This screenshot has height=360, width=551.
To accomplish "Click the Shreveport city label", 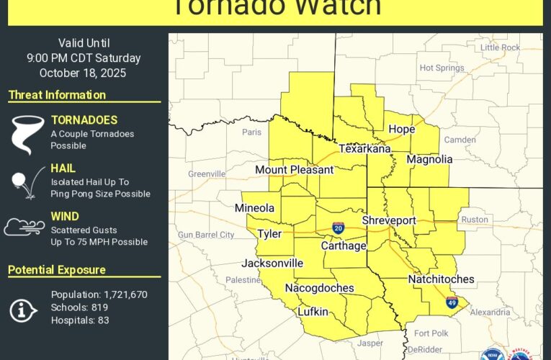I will tap(389, 220).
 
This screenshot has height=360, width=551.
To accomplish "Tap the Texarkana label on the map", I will tap(364, 148).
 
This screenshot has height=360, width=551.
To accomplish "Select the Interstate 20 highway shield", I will tap(338, 228).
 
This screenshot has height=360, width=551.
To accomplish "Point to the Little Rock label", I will tap(500, 48).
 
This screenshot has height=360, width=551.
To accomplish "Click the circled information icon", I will tap(24, 310).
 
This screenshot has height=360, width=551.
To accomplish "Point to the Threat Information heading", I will tap(57, 95).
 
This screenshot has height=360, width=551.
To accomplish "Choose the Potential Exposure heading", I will tap(57, 270).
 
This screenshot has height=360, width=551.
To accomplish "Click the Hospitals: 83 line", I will tap(80, 320).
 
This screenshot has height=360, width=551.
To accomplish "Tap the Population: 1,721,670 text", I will tap(99, 294).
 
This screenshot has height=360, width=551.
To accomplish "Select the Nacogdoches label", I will tap(319, 288).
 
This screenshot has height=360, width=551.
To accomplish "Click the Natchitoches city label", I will tap(441, 279).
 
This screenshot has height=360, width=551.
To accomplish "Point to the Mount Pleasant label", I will tap(295, 170).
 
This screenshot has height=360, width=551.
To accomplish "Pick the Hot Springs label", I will tap(442, 68).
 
